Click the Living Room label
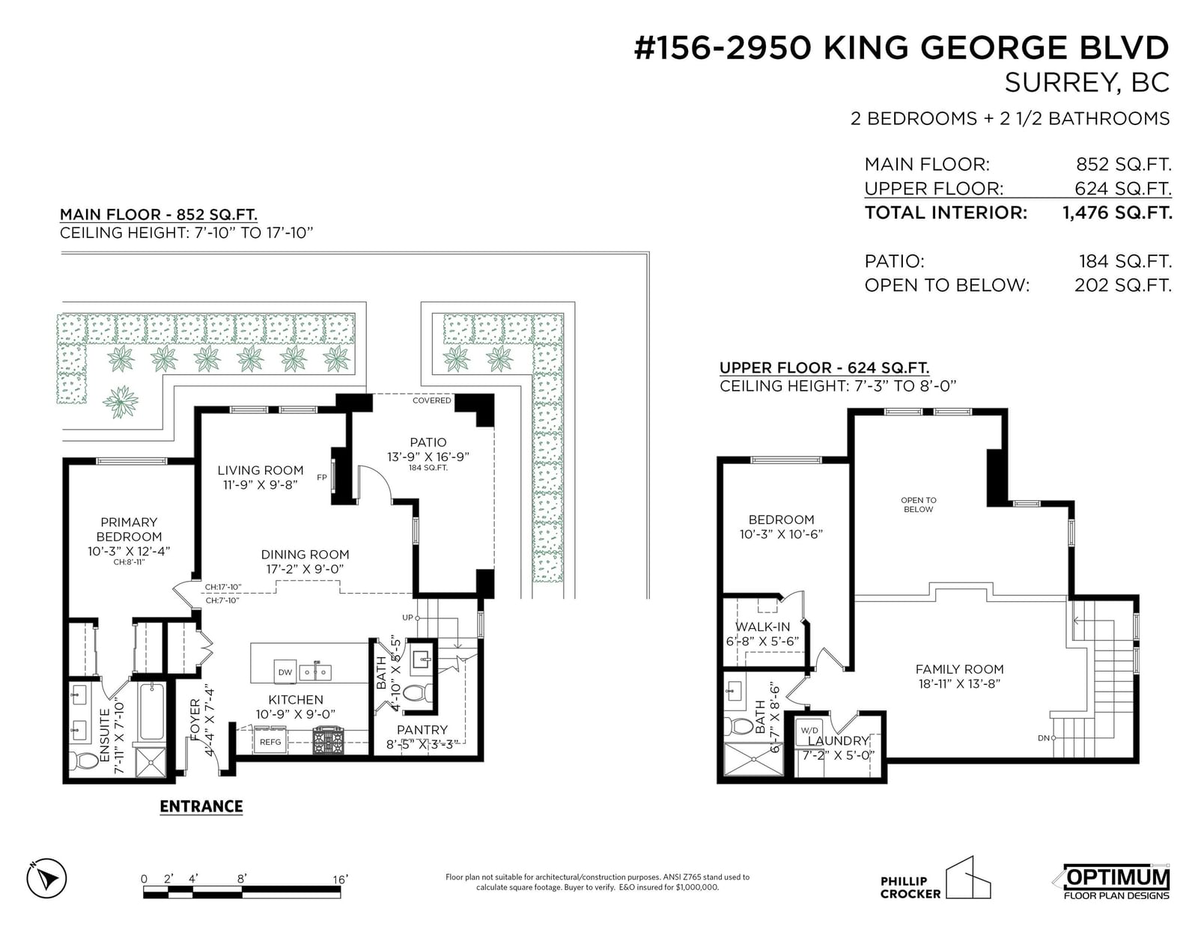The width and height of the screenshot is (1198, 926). (x=261, y=470)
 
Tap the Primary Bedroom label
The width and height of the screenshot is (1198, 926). (x=129, y=529)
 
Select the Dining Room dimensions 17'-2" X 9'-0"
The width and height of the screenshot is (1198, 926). (x=305, y=569)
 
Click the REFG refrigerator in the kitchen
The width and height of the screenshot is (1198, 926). (x=270, y=742)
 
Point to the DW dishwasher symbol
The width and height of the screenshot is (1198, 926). (x=285, y=672)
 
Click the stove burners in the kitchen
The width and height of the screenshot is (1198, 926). (x=328, y=740)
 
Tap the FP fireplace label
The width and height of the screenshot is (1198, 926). (x=322, y=478)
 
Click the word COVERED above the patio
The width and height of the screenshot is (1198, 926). (x=432, y=400)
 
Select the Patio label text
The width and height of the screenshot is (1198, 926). (x=428, y=442)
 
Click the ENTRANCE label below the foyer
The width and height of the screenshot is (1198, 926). (x=201, y=806)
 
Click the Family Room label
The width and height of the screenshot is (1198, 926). (x=959, y=669)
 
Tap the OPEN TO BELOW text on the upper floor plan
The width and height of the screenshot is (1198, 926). (x=919, y=505)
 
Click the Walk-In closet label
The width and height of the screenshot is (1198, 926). (x=762, y=627)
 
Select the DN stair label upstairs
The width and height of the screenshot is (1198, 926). (x=1044, y=737)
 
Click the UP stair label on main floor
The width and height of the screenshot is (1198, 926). (x=407, y=618)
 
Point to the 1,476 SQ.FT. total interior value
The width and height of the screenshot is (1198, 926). (x=1117, y=213)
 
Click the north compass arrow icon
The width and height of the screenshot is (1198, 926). (x=47, y=878)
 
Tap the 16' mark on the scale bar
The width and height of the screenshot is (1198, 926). (x=340, y=879)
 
